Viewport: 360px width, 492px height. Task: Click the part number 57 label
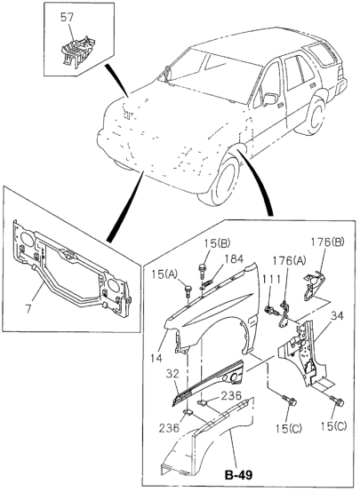67,16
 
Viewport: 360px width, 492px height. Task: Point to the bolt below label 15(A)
188,289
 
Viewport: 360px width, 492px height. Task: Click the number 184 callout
234,259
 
